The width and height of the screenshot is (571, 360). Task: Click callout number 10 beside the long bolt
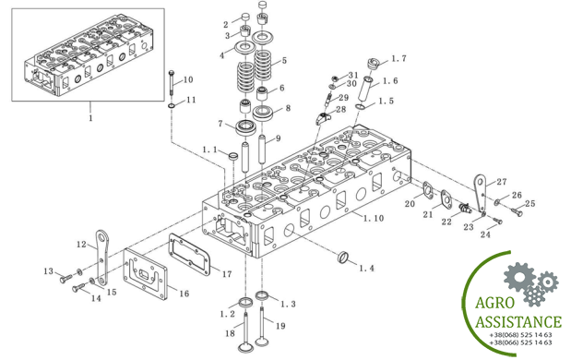188,79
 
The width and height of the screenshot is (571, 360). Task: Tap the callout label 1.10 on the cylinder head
374,218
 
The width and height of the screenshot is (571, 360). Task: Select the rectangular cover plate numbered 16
146,274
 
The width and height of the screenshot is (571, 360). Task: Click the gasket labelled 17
190,255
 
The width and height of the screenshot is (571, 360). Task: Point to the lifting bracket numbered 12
102,258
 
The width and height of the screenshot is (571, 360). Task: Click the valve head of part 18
245,347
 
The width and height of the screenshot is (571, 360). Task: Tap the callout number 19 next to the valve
280,326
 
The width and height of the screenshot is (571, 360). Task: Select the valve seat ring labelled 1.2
245,302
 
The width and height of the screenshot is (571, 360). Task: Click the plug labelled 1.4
343,257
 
